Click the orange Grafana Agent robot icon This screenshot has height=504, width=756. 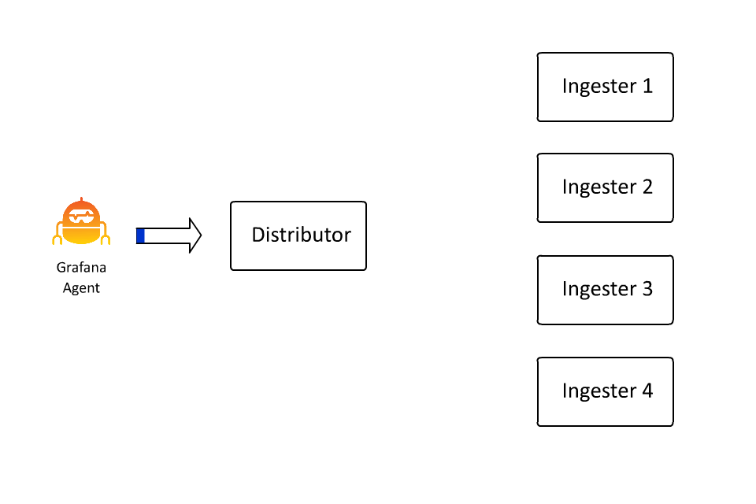click(82, 223)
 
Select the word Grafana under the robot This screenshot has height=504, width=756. click(81, 268)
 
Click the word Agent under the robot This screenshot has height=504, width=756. click(81, 287)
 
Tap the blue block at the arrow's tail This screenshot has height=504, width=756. click(140, 235)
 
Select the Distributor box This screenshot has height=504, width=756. click(298, 235)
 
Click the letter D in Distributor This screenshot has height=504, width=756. click(258, 235)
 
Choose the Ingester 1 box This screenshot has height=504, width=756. click(605, 87)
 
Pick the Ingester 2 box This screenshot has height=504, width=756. click(605, 187)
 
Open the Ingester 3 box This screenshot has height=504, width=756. click(605, 289)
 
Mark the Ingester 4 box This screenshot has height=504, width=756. click(605, 391)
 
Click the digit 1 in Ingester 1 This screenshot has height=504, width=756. click(647, 86)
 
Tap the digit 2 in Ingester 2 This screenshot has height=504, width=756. click(647, 187)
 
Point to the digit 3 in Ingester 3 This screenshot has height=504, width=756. click(647, 289)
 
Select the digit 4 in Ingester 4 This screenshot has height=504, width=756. click(647, 391)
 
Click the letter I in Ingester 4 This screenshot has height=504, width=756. click(565, 391)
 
